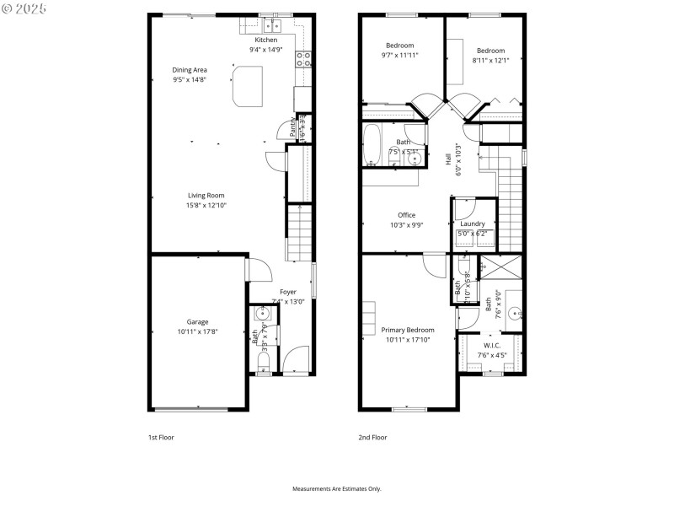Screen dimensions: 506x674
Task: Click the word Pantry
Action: pyautogui.click(x=293, y=126)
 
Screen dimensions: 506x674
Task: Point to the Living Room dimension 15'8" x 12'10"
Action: pyautogui.click(x=206, y=205)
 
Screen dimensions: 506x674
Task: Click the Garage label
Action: pyautogui.click(x=198, y=321)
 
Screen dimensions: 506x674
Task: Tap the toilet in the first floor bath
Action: pyautogui.click(x=262, y=362)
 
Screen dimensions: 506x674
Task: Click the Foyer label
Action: pyautogui.click(x=288, y=292)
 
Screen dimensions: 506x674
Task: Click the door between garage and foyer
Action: pyautogui.click(x=258, y=270)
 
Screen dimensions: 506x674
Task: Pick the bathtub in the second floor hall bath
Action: pyautogui.click(x=372, y=145)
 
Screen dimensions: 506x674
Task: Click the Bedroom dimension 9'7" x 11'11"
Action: pyautogui.click(x=399, y=55)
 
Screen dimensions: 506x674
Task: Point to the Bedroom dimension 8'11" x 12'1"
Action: pyautogui.click(x=490, y=60)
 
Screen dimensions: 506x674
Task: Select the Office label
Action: pyautogui.click(x=407, y=215)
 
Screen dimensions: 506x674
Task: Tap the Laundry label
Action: pyautogui.click(x=473, y=223)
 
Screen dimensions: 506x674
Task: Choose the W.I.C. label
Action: pyautogui.click(x=492, y=346)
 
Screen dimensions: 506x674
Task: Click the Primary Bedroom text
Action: pyautogui.click(x=408, y=330)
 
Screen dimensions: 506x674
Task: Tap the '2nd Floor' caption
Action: pyautogui.click(x=372, y=438)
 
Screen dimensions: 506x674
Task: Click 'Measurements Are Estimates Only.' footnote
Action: pyautogui.click(x=336, y=488)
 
